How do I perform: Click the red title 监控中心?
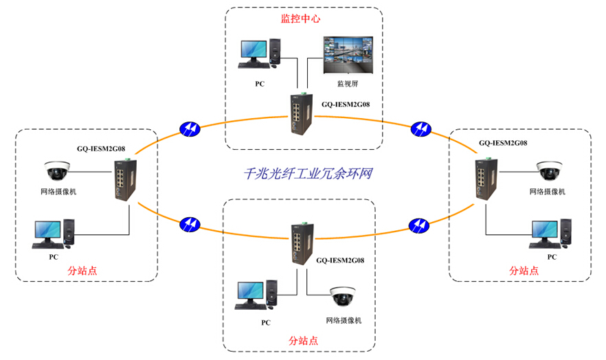coord(300,19)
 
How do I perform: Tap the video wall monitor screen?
coord(348,54)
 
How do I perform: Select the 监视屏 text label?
coord(347,84)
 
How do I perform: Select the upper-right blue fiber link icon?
coord(420,128)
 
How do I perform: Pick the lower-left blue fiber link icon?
coord(189,224)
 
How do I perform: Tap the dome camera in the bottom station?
coord(341,296)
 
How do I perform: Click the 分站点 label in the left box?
coord(82,270)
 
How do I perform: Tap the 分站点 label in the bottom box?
coord(303,340)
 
